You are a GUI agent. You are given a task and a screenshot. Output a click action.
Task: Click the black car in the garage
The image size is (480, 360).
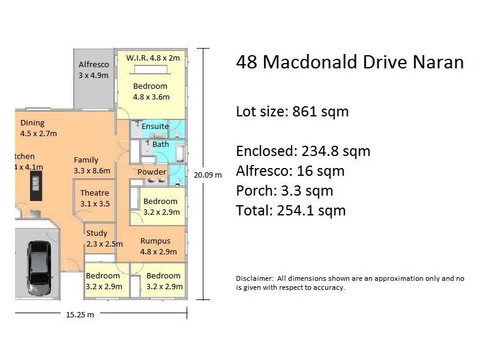(x=38, y=263)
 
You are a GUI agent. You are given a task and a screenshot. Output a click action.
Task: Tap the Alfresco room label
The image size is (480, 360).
(x=93, y=70)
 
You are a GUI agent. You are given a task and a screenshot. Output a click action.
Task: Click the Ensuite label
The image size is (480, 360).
(x=155, y=126)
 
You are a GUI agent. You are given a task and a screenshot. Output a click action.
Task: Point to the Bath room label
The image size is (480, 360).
(x=160, y=145)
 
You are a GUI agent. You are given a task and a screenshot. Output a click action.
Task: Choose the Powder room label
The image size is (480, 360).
(x=152, y=172)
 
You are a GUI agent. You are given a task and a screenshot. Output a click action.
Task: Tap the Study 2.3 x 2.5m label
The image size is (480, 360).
(x=104, y=238)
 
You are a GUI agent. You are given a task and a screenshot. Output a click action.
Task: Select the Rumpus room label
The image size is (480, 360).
(x=155, y=245)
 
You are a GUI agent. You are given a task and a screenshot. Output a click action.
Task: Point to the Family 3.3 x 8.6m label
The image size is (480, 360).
(x=92, y=165)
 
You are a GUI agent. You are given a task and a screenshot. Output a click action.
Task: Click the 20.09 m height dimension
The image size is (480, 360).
(x=207, y=175)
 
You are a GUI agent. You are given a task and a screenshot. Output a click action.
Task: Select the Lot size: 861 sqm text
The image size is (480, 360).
(x=292, y=112)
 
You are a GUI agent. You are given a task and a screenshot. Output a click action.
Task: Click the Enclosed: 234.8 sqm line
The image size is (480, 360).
(x=303, y=151)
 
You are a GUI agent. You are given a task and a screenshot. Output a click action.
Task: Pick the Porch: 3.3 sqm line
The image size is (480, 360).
(x=284, y=191)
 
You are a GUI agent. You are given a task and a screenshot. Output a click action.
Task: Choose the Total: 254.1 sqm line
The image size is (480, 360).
(x=291, y=211)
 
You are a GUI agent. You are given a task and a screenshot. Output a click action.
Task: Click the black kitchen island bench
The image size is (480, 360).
(x=37, y=187)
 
